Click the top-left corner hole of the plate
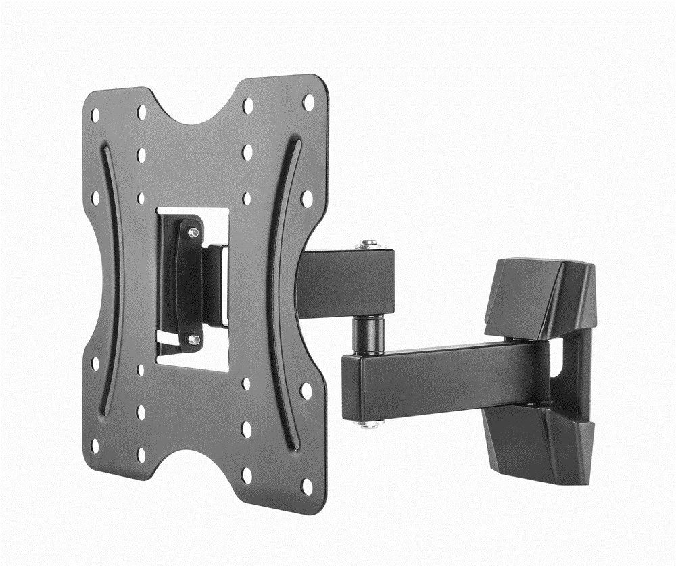pos(95,115)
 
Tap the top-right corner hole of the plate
pos(308,102)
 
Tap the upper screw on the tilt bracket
pos(193,232)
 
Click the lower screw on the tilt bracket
pos(193,339)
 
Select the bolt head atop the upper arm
pos(368,244)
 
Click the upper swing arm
pos(345,284)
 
